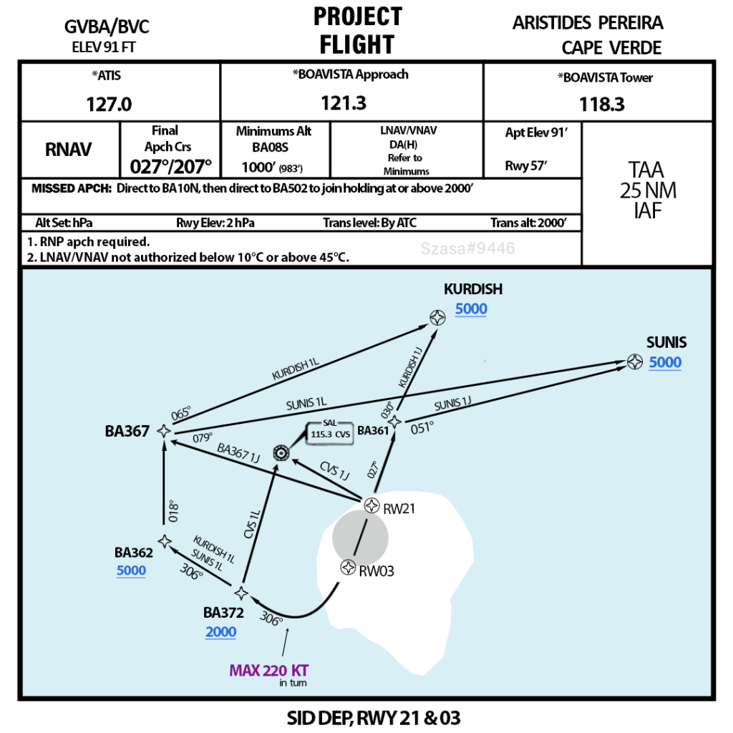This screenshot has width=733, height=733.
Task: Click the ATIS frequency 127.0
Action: pyautogui.click(x=109, y=105)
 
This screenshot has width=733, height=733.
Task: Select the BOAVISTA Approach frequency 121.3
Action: pyautogui.click(x=344, y=103)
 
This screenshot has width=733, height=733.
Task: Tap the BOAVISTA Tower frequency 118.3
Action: pyautogui.click(x=601, y=105)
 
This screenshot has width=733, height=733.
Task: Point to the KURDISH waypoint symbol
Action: pyautogui.click(x=437, y=318)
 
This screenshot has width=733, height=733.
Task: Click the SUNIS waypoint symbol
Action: pyautogui.click(x=634, y=362)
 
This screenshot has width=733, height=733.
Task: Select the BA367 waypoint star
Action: pyautogui.click(x=164, y=431)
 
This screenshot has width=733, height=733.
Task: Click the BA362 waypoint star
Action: pyautogui.click(x=165, y=541)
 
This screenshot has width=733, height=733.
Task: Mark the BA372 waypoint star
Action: pyautogui.click(x=241, y=593)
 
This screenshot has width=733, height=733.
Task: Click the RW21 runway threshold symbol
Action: pyautogui.click(x=371, y=506)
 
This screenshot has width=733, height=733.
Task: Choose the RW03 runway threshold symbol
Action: pyautogui.click(x=348, y=568)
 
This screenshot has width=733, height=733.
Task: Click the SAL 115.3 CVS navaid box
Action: pyautogui.click(x=330, y=433)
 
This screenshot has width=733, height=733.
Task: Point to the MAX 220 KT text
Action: pyautogui.click(x=268, y=671)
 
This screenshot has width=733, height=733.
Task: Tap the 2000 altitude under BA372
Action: pyautogui.click(x=220, y=632)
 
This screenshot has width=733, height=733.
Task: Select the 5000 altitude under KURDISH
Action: pyautogui.click(x=471, y=309)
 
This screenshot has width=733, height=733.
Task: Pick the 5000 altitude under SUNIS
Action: pyautogui.click(x=665, y=362)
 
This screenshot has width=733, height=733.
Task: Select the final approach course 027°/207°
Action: pyautogui.click(x=171, y=166)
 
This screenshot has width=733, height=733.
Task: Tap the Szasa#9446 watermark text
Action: pyautogui.click(x=467, y=248)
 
